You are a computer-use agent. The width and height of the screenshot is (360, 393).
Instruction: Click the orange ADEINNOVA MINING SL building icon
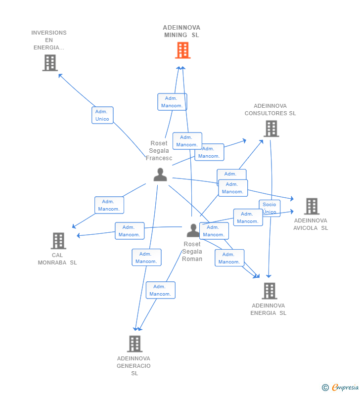coord(182,50)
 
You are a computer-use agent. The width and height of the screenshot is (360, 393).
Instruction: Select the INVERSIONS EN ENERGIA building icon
coord(50,63)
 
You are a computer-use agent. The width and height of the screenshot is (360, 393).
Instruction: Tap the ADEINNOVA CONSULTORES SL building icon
coord(271,129)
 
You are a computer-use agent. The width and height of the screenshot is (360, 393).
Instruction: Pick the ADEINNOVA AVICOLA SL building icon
coord(311,206)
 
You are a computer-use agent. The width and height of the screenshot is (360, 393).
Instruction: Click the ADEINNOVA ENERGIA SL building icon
coord(269,291)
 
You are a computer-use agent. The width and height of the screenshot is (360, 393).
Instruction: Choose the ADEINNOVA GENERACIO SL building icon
coord(135,344)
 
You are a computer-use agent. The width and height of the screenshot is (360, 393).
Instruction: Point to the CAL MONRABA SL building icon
coord(58,241)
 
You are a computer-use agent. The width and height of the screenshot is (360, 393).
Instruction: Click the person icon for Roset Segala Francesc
coord(160,175)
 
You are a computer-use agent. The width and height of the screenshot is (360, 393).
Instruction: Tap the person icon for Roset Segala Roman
coord(192,230)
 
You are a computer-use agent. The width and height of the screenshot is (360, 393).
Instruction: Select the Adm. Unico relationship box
coord(102,115)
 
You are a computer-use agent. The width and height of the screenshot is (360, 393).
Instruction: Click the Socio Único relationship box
coord(270,208)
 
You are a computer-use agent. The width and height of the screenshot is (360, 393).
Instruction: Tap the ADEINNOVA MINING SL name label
coord(181,31)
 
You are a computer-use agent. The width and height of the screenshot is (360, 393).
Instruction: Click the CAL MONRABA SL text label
coord(57,259)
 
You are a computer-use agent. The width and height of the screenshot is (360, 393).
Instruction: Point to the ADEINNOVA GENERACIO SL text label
coord(134,366)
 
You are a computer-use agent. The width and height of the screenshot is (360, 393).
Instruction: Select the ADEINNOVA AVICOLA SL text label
coord(311,224)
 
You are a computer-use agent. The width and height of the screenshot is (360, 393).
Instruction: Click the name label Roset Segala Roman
coord(192,252)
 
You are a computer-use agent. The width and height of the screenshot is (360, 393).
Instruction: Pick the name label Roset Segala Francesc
coord(159,151)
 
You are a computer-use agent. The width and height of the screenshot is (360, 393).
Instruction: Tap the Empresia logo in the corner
coord(341,387)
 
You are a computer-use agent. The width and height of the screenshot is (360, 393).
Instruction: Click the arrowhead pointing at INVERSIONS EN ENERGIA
coord(60,75)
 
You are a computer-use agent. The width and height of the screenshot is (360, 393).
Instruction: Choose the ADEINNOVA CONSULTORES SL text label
coord(270,109)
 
